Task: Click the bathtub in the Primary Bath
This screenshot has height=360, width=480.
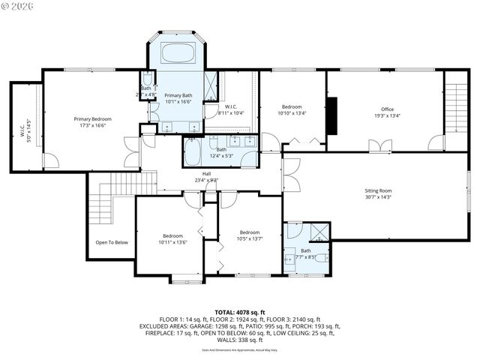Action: click(x=178, y=55)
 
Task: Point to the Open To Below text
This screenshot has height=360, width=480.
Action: click(x=111, y=242)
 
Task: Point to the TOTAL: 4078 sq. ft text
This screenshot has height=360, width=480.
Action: click(x=239, y=311)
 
